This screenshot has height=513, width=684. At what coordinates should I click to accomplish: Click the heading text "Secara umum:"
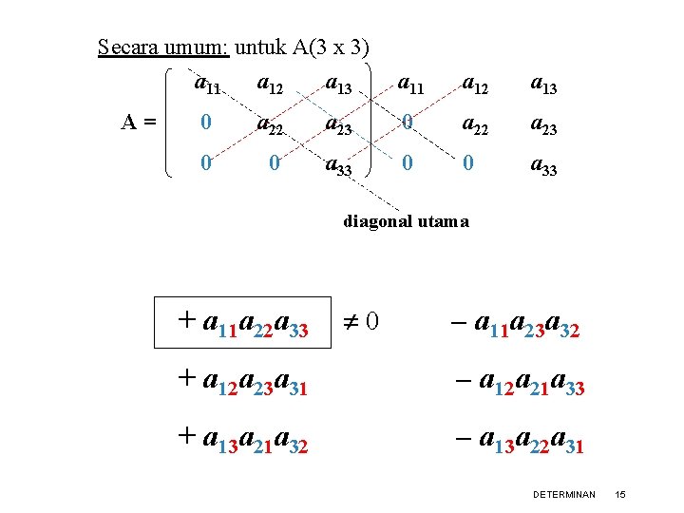tap(163, 47)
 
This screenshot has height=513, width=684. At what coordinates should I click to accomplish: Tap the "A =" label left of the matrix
tap(139, 122)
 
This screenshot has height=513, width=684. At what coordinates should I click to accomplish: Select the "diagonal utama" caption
tap(406, 221)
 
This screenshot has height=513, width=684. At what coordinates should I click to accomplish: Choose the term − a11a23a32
tap(513, 328)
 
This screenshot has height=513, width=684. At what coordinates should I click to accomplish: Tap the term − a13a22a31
tap(518, 438)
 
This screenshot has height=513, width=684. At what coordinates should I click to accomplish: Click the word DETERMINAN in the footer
tap(564, 495)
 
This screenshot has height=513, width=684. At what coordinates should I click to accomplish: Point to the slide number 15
tap(620, 495)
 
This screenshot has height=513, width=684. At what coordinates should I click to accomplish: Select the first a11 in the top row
tap(207, 85)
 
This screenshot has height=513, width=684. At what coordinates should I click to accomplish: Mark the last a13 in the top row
tap(541, 85)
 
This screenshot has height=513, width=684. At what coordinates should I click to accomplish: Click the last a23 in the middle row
tap(541, 124)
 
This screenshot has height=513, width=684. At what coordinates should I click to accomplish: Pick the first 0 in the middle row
tap(206, 123)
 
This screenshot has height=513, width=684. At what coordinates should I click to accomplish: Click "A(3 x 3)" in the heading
tap(332, 47)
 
